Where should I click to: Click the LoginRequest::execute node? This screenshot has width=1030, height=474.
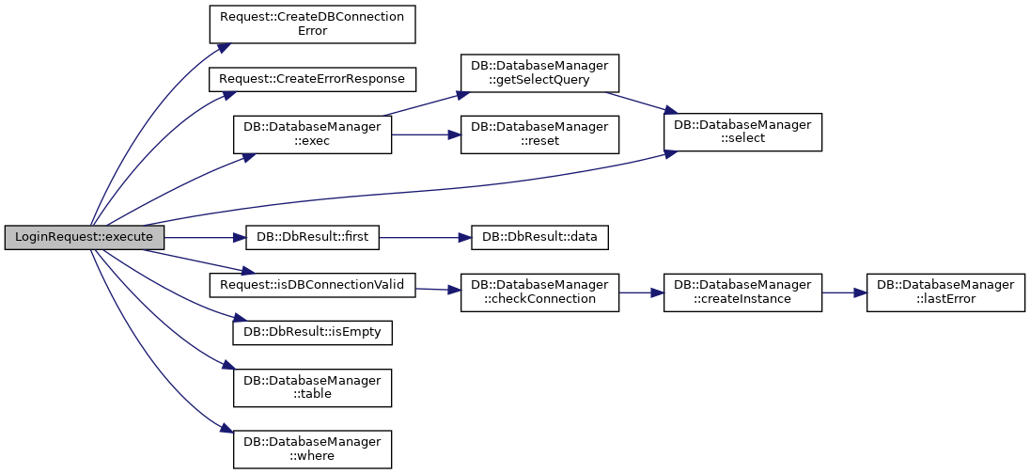pyautogui.click(x=84, y=237)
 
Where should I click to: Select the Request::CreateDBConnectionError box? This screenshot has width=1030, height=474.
pyautogui.click(x=313, y=24)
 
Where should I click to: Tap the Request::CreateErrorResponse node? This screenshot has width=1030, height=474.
pyautogui.click(x=313, y=79)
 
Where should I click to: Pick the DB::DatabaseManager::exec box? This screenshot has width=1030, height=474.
pyautogui.click(x=313, y=134)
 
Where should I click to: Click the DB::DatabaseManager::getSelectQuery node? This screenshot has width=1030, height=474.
pyautogui.click(x=539, y=73)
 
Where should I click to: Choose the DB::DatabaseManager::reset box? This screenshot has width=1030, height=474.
pyautogui.click(x=539, y=134)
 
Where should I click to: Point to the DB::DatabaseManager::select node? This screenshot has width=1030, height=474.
pyautogui.click(x=743, y=132)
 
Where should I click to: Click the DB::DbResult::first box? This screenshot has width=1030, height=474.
pyautogui.click(x=313, y=237)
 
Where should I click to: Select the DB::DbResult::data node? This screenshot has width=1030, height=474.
pyautogui.click(x=539, y=237)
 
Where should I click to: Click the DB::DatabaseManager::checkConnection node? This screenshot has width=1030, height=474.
pyautogui.click(x=539, y=292)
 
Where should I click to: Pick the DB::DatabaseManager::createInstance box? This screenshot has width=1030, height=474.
pyautogui.click(x=743, y=292)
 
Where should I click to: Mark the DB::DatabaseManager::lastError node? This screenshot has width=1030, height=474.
pyautogui.click(x=946, y=292)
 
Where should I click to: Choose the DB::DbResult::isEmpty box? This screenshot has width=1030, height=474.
pyautogui.click(x=313, y=332)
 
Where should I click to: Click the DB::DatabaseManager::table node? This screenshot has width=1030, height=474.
pyautogui.click(x=313, y=387)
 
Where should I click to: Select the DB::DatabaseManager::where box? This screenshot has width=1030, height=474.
pyautogui.click(x=313, y=449)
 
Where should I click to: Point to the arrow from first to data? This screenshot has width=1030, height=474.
pyautogui.click(x=425, y=237)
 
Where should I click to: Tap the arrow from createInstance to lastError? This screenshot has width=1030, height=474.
pyautogui.click(x=845, y=292)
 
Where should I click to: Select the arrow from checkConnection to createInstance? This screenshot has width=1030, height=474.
pyautogui.click(x=641, y=292)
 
